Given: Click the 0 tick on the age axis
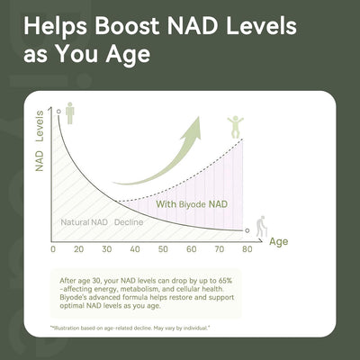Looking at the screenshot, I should [x=53, y=248].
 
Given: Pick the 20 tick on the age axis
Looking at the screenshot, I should [x=78, y=248].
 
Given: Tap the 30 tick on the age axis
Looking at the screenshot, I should [x=106, y=248].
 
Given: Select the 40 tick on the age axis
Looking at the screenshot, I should [x=134, y=248].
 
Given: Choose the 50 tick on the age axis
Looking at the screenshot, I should [x=163, y=248].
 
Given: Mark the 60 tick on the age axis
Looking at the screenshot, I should [x=191, y=248].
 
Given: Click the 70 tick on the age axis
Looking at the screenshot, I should [x=219, y=248].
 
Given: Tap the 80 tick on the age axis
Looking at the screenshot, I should [x=247, y=248].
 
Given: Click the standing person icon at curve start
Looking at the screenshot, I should [x=70, y=112].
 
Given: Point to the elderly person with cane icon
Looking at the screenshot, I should [x=259, y=225].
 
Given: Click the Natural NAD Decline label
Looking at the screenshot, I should [x=102, y=221].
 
